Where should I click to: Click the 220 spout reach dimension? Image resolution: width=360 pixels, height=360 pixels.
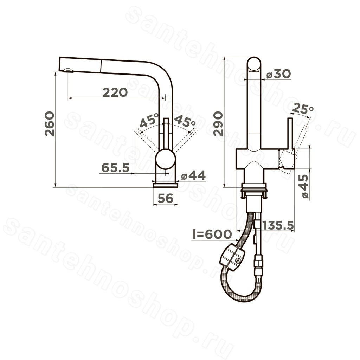tap(115, 92)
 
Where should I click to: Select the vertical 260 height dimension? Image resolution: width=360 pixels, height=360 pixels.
tap(50, 124)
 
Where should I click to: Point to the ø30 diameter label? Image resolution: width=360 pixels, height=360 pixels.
tap(279, 74)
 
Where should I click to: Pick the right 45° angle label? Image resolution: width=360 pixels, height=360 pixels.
tap(185, 122)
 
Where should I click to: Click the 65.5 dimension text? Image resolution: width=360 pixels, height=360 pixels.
tap(116, 167)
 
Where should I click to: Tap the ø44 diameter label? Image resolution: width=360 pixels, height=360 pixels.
tap(193, 176)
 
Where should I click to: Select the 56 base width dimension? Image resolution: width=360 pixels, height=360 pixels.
tap(166, 198)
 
